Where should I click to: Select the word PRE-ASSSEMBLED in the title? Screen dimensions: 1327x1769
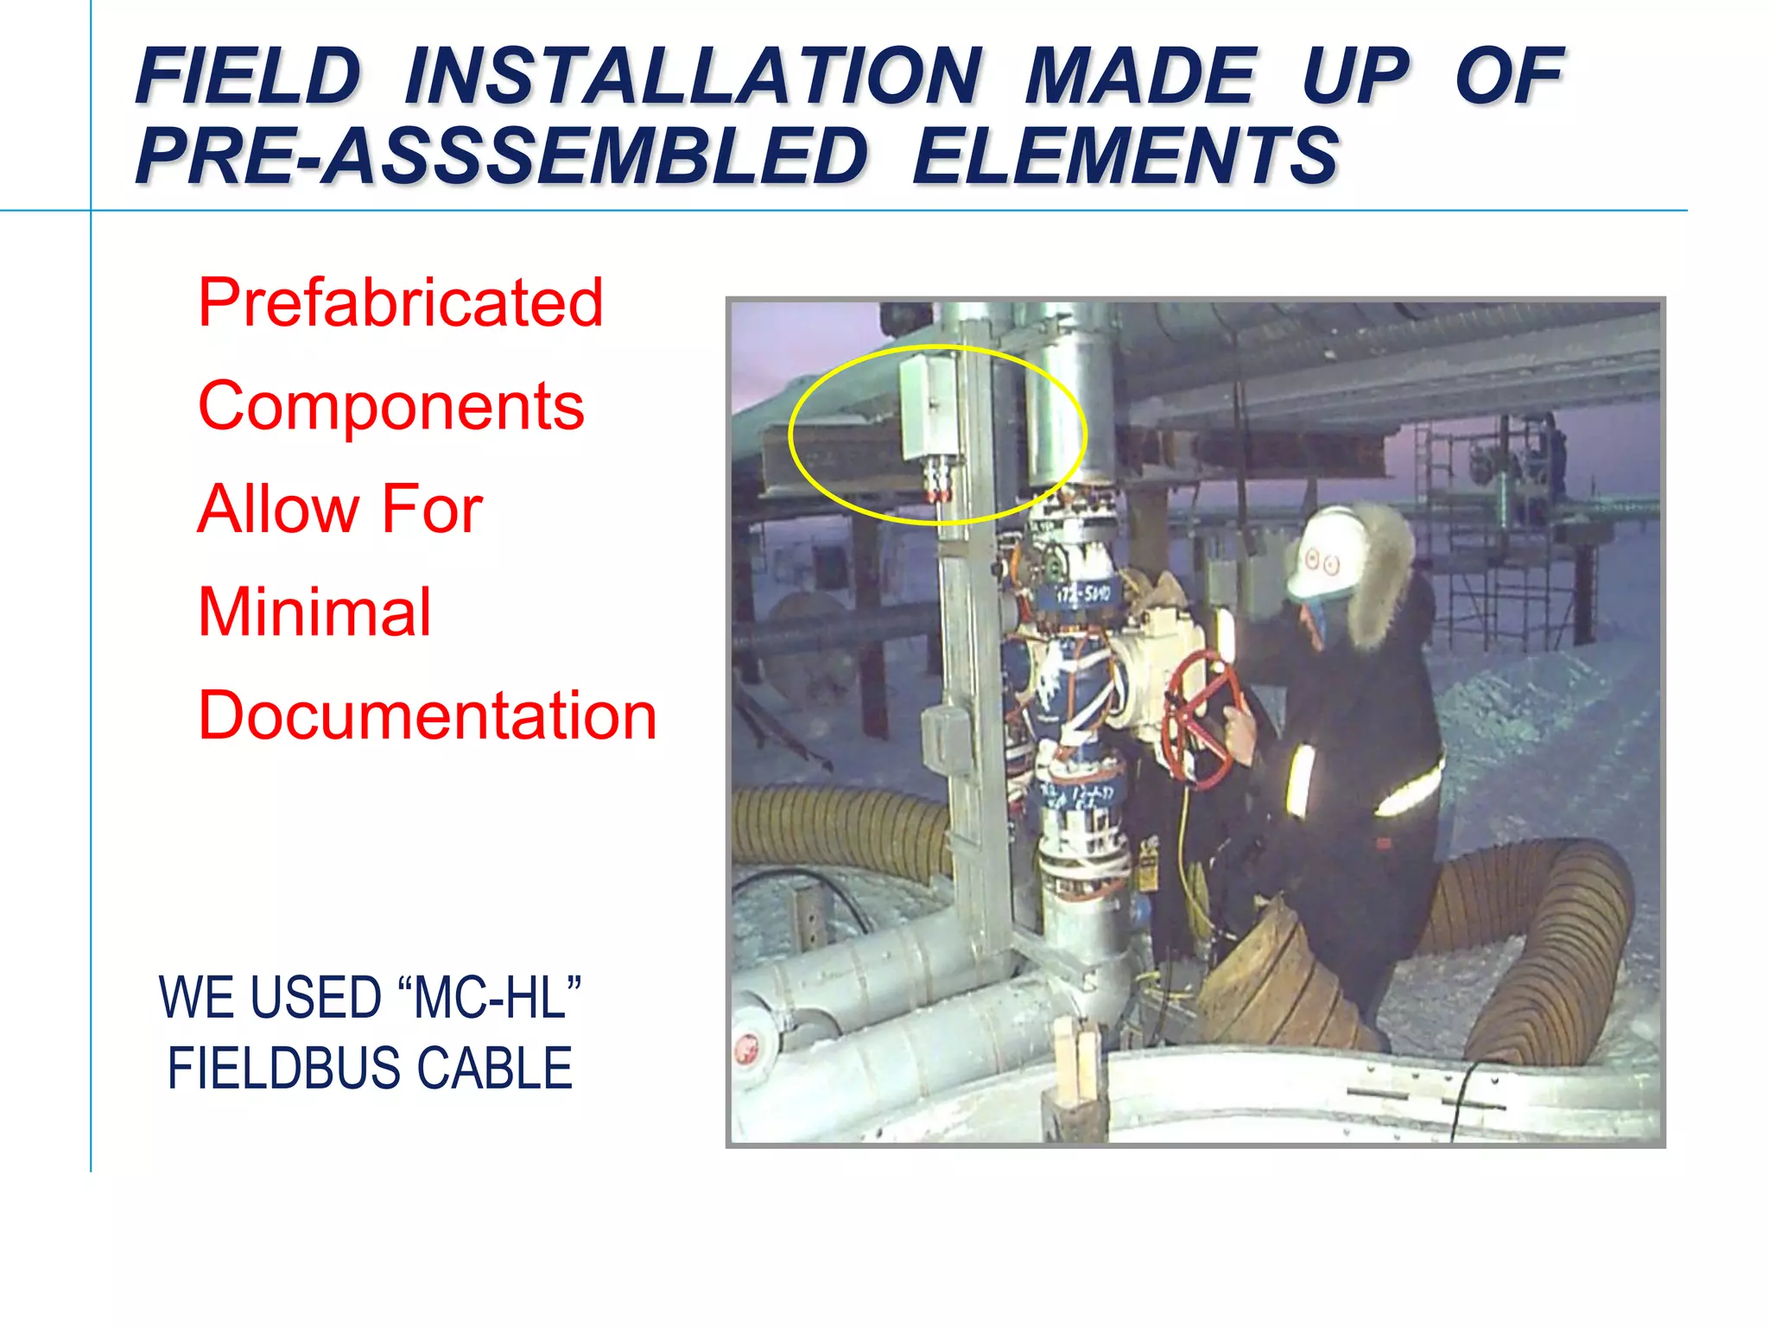[501, 156]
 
